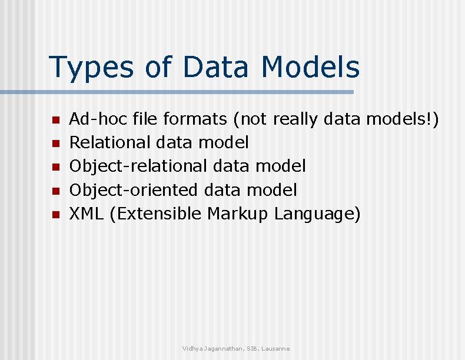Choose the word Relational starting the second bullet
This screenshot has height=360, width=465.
coord(110,142)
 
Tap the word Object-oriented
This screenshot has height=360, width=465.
coord(134,190)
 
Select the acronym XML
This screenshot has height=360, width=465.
coord(87,214)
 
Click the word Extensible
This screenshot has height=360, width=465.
coord(155,214)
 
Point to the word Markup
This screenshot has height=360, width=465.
coord(238,214)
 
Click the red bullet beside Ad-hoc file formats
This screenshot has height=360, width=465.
coord(55,120)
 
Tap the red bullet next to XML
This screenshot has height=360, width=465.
coord(55,215)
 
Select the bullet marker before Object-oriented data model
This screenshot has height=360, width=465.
coord(55,191)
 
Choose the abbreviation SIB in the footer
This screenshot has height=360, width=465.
coord(251,349)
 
